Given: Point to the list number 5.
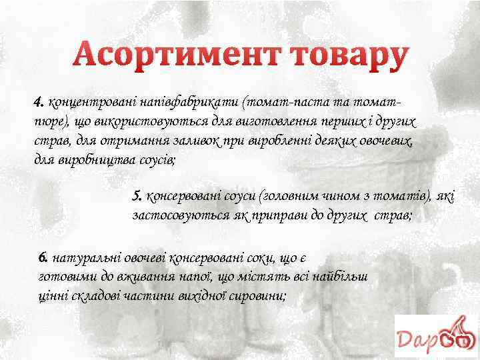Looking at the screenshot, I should pyautogui.click(x=137, y=196).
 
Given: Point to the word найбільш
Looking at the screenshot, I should pyautogui.click(x=345, y=275).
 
